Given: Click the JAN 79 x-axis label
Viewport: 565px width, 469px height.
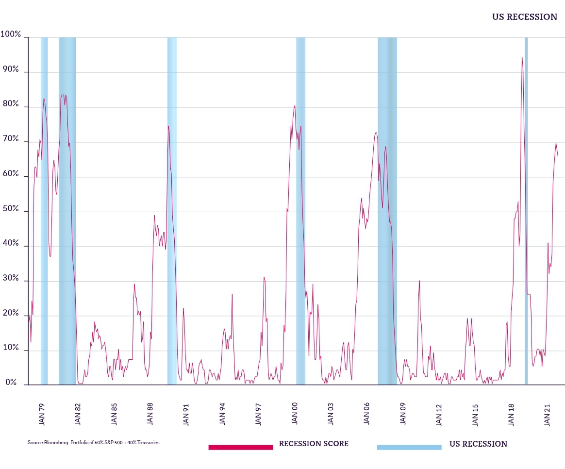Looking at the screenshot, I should pyautogui.click(x=42, y=413).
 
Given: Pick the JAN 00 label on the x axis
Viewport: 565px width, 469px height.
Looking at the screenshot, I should pyautogui.click(x=295, y=413).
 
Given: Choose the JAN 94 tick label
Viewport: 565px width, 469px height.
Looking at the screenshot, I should pyautogui.click(x=222, y=413).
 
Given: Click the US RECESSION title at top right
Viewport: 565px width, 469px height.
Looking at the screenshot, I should pyautogui.click(x=524, y=17).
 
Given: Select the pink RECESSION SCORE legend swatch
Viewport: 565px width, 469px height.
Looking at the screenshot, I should pyautogui.click(x=240, y=447).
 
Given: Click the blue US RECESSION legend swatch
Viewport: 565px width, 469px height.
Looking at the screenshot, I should pyautogui.click(x=409, y=447).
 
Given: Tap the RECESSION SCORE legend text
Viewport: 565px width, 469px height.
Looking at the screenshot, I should pyautogui.click(x=314, y=444).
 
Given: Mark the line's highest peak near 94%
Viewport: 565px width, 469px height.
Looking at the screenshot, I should pyautogui.click(x=522, y=57).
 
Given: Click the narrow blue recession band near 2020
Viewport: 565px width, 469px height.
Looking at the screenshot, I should pyautogui.click(x=526, y=209).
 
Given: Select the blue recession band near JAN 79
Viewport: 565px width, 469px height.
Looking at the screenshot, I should pyautogui.click(x=44, y=209).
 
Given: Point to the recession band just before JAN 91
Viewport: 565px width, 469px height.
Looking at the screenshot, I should pyautogui.click(x=172, y=209).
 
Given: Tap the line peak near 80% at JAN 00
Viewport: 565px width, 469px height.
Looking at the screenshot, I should pyautogui.click(x=295, y=105).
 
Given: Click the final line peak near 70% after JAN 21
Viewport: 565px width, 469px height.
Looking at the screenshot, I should pyautogui.click(x=556, y=143).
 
